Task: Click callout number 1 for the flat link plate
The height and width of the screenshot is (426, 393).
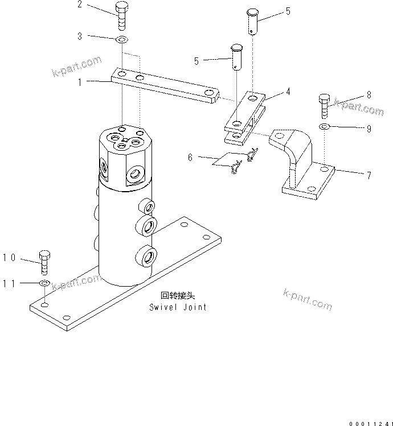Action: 80,82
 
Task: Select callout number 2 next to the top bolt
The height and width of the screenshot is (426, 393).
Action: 80,5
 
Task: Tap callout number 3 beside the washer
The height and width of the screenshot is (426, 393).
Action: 80,36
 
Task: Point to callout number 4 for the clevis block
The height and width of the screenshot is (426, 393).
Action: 288,91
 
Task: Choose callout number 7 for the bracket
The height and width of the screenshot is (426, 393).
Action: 369,175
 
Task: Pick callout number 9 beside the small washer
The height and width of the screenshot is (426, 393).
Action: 369,129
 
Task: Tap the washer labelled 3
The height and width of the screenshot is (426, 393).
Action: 122,40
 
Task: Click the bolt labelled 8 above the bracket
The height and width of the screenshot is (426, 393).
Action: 324,104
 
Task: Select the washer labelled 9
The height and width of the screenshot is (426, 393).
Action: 324,126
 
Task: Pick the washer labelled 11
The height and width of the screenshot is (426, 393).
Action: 44,283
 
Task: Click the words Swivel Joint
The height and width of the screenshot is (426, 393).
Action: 178,307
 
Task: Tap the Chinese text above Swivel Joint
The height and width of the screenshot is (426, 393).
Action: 177,296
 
